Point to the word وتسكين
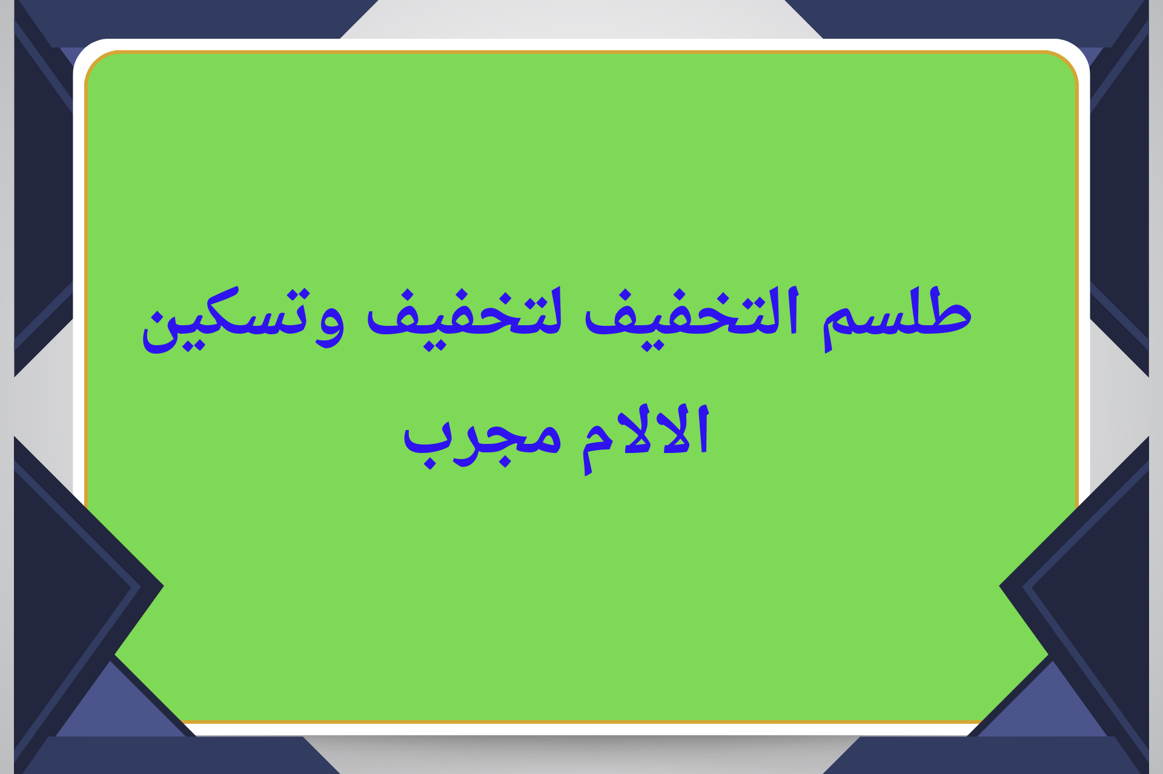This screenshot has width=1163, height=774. click(243, 319)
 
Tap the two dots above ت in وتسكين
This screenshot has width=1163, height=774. click(296, 294)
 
